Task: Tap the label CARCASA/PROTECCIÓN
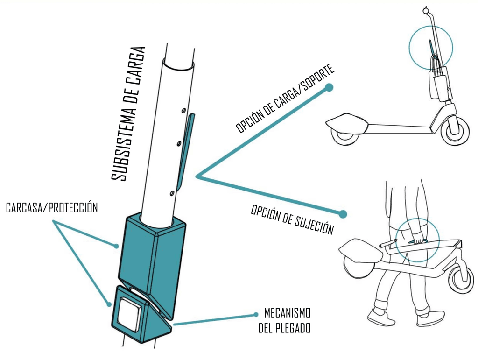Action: pyautogui.click(x=52, y=208)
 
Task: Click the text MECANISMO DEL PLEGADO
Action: pyautogui.click(x=284, y=320)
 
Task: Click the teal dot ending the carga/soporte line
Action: pyautogui.click(x=330, y=87)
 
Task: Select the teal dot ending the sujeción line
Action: pyautogui.click(x=343, y=214)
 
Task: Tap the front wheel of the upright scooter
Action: pyautogui.click(x=455, y=129)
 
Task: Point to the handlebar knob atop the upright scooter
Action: pyautogui.click(x=426, y=9)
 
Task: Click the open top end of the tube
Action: pyautogui.click(x=178, y=64)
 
